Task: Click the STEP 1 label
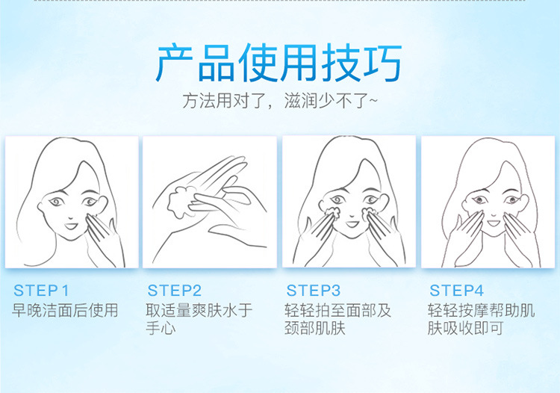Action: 41,291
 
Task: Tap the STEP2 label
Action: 175,291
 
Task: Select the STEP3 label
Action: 313,291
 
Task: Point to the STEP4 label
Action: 456,291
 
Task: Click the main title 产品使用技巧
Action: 279,64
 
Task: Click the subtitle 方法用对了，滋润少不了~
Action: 280,101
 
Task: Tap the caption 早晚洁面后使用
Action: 65,310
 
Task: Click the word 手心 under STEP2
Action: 161,328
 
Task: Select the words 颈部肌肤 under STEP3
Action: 315,328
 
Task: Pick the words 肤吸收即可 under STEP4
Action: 466,328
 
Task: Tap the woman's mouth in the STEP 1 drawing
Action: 71,226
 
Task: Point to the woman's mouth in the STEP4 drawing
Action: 494,223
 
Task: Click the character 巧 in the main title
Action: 383,64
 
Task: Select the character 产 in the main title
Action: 175,64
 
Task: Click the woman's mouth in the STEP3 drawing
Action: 352,224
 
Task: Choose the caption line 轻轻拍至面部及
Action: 337,310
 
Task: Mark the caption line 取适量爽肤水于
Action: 199,310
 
